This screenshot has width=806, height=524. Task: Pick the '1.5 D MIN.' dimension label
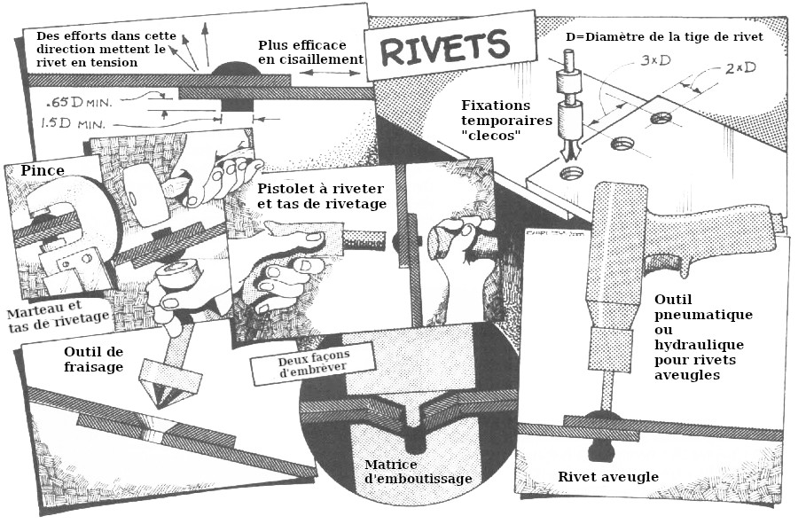[x=74, y=123]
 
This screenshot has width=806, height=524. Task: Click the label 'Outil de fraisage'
[x=93, y=358]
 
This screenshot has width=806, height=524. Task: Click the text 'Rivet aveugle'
[x=607, y=476]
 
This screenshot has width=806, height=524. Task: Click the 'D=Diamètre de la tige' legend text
[x=664, y=36]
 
